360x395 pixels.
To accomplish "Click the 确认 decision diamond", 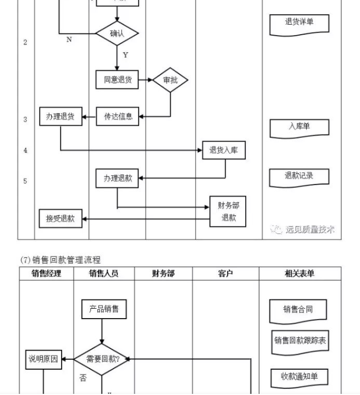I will click(x=117, y=34).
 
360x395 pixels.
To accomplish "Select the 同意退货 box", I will click(x=117, y=80).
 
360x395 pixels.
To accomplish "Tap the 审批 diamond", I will click(x=170, y=81).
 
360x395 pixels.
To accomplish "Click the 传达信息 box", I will click(x=118, y=116).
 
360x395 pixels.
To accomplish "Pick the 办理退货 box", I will click(x=60, y=116).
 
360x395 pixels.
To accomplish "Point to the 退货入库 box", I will click(x=224, y=150).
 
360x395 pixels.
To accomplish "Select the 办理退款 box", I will click(x=118, y=179).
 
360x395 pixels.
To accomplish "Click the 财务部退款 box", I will click(x=228, y=212).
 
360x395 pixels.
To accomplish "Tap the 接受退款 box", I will click(x=60, y=219).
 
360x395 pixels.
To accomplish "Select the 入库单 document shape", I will click(x=299, y=127).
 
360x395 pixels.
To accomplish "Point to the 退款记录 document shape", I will click(x=299, y=176).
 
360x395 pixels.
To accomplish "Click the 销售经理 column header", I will click(x=47, y=274).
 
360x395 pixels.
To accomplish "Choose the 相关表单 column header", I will click(x=300, y=274).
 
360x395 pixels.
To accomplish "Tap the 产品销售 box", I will click(x=104, y=309).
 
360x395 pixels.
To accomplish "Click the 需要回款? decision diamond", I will click(x=103, y=359).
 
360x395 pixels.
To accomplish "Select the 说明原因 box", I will click(x=43, y=360).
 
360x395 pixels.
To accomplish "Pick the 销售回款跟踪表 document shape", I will click(x=300, y=341).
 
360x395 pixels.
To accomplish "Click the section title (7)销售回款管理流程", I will click(x=60, y=260).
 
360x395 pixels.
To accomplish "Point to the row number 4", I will click(x=25, y=151).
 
